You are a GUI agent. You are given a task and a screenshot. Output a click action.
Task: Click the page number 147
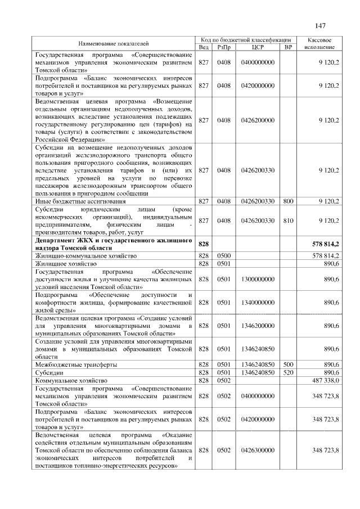(x=321, y=25)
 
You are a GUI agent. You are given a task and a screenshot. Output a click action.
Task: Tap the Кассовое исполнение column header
(x=319, y=43)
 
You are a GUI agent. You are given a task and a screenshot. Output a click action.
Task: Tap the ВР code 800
(x=289, y=201)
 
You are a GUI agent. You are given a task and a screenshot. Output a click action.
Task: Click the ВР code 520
(x=289, y=372)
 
